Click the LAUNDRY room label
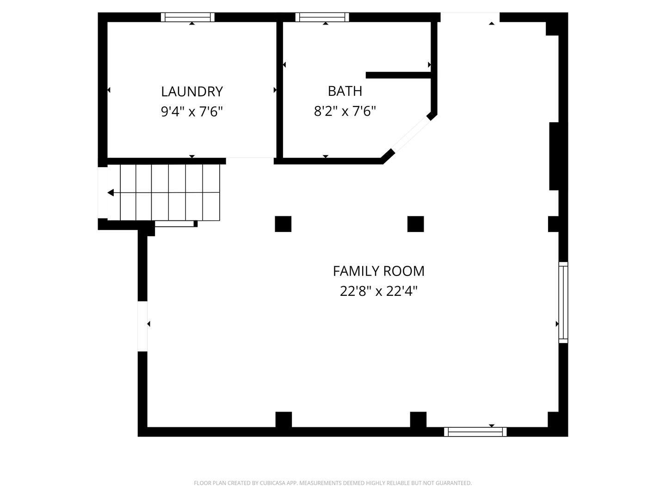coord(192,91)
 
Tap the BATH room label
coord(345,91)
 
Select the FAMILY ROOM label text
coord(378,271)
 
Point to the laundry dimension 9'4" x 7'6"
coord(192,112)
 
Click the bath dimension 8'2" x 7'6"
coord(345,111)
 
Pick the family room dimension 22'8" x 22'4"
coord(378,291)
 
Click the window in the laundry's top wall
coord(187,17)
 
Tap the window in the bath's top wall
coord(322,17)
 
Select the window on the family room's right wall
coord(563,302)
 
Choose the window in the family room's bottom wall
coord(475,431)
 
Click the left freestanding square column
coord(283,224)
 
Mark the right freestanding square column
coord(415,224)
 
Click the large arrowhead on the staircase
coord(111,193)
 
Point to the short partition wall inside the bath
coord(398,75)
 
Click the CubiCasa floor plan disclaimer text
coord(333,483)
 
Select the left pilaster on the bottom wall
coord(284,419)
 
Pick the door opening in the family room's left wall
coord(142,326)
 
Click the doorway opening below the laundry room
coord(250,161)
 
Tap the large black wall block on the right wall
coord(555,156)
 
